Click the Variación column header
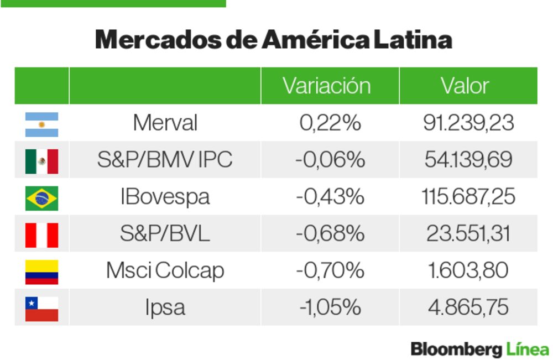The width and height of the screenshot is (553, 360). [326, 86]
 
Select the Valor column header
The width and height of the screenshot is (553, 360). [465, 86]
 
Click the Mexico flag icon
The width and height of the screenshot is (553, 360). [41, 161]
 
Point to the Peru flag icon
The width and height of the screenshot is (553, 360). [41, 234]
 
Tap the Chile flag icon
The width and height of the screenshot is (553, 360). [41, 308]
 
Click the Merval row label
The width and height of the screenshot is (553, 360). [165, 123]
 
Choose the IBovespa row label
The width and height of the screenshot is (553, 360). [165, 197]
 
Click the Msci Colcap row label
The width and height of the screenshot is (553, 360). [165, 270]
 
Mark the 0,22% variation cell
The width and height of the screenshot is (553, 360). [330, 123]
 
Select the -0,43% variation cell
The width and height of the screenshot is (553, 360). [330, 197]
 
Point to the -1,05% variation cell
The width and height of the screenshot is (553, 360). [330, 307]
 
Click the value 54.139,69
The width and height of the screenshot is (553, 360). [468, 160]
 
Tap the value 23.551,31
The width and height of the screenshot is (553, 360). [468, 233]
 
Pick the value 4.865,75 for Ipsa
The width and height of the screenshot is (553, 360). [468, 307]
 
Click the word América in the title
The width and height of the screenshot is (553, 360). [316, 40]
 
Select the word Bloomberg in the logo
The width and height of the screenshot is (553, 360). [456, 349]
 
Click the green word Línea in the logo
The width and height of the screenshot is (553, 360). [527, 349]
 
